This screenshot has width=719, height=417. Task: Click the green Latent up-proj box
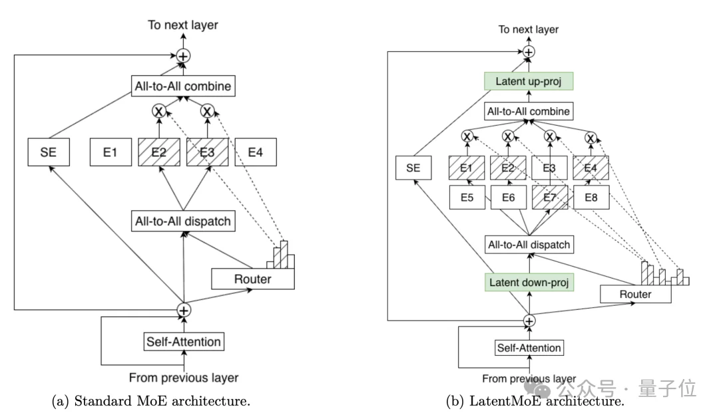pos(529,82)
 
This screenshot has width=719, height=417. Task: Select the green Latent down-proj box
pos(529,282)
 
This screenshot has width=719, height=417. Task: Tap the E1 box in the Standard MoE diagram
pos(110,152)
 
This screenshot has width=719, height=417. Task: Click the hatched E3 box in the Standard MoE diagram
pos(207,152)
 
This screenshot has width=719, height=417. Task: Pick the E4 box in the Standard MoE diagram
pos(256,152)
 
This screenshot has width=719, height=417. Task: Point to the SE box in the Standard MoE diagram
pos(49,152)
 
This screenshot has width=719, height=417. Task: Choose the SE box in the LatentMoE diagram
pos(413,168)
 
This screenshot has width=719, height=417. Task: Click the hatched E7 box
pos(550,197)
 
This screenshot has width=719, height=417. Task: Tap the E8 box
pos(591,197)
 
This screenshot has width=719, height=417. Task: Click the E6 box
pos(508,197)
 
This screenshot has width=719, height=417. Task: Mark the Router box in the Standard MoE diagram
pos(252,279)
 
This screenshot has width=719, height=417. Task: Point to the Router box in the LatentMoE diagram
pos(634,293)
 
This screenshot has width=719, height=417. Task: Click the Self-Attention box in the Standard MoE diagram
pos(183,342)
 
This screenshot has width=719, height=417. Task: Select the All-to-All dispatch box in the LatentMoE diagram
pos(529,245)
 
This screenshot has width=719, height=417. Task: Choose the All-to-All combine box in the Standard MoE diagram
pos(183,85)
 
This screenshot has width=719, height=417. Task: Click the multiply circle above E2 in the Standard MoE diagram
pos(158,111)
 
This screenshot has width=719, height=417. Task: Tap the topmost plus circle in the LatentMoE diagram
pos(529,51)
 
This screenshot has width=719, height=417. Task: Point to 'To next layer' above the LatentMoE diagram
pos(529,29)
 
